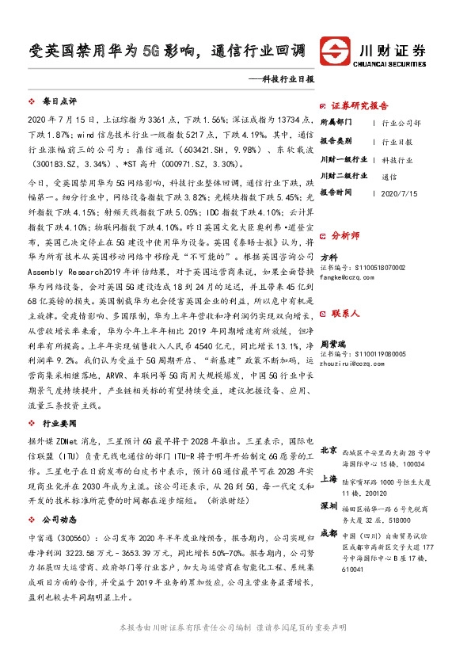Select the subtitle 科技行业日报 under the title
point(287,80)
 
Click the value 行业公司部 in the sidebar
point(401,124)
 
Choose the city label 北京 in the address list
point(329,452)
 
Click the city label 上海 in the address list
point(329,478)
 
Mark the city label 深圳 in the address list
point(329,505)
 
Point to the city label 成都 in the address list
point(329,532)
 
